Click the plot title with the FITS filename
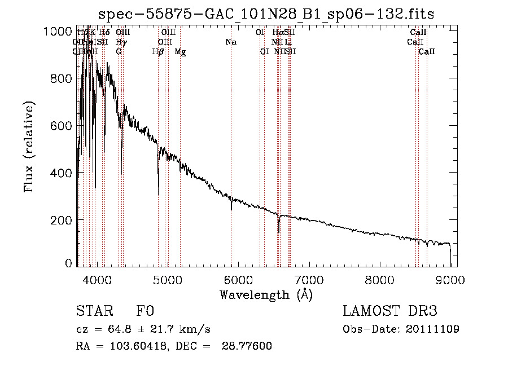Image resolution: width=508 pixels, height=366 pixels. [x=266, y=14]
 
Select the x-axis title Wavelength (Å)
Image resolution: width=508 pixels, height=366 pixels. [x=266, y=294]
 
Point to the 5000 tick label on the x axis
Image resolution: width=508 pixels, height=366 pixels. [x=167, y=279]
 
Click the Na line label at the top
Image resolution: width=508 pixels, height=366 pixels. [x=230, y=42]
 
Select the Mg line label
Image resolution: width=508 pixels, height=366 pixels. [x=180, y=52]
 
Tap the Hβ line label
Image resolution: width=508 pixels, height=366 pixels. [x=158, y=52]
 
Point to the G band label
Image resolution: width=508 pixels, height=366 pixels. [x=119, y=51]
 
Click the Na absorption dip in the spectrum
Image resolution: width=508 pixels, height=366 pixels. [x=231, y=206]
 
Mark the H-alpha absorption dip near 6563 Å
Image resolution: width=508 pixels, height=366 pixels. [x=278, y=227]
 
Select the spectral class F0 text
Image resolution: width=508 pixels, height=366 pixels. [x=146, y=312]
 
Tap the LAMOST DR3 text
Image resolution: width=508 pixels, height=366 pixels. [x=390, y=312]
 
